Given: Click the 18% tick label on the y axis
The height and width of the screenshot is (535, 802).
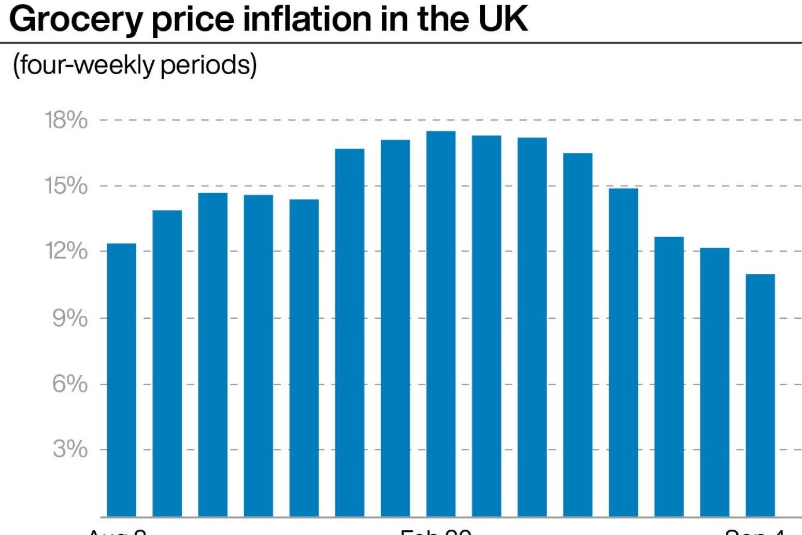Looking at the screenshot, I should point(66,120).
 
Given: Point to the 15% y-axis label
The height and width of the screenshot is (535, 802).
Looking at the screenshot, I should point(66,186).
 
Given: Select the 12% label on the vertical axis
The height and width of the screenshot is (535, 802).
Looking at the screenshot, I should point(66,251).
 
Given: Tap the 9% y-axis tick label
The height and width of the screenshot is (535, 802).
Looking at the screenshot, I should point(70,318).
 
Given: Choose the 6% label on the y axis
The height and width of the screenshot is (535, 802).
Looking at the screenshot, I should point(70,384).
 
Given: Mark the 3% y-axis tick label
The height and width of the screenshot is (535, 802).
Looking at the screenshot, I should point(70,449).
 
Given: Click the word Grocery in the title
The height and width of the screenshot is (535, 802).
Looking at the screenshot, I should point(76,20).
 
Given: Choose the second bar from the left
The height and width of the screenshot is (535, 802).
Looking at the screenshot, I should point(167,363).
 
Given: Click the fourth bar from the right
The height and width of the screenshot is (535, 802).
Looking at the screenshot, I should point(623,353).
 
